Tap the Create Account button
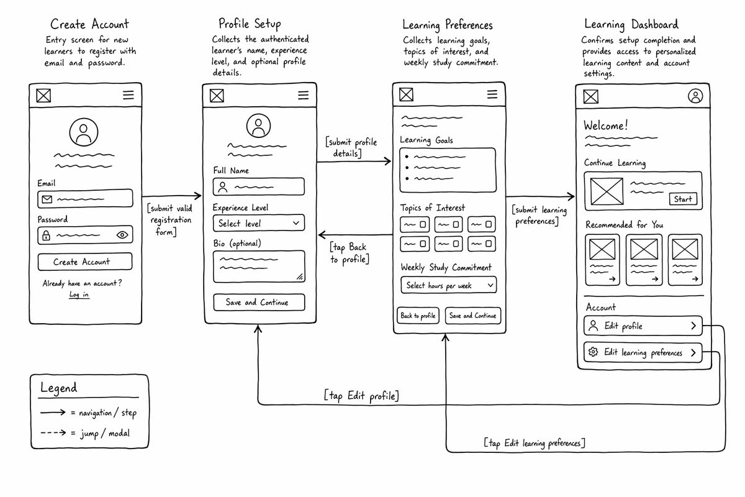pyautogui.click(x=85, y=262)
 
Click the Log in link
pyautogui.click(x=79, y=294)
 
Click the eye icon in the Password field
pyautogui.click(x=122, y=235)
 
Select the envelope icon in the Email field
pyautogui.click(x=47, y=199)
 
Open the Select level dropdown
pyautogui.click(x=259, y=223)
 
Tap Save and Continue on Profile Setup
pyautogui.click(x=259, y=303)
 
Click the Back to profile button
pyautogui.click(x=418, y=316)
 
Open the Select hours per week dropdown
pyautogui.click(x=449, y=285)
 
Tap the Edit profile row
pyautogui.click(x=643, y=326)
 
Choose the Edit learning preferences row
pyautogui.click(x=643, y=352)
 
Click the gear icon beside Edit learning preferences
pyautogui.click(x=593, y=352)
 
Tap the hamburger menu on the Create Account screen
pyautogui.click(x=129, y=95)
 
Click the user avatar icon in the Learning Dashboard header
pyautogui.click(x=695, y=96)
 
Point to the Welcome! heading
pyautogui.click(x=606, y=125)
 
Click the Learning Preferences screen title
pyautogui.click(x=448, y=25)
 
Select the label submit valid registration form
pyautogui.click(x=169, y=220)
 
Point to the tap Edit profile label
pyautogui.click(x=361, y=396)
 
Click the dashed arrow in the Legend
pyautogui.click(x=53, y=433)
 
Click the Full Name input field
pyautogui.click(x=259, y=187)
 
